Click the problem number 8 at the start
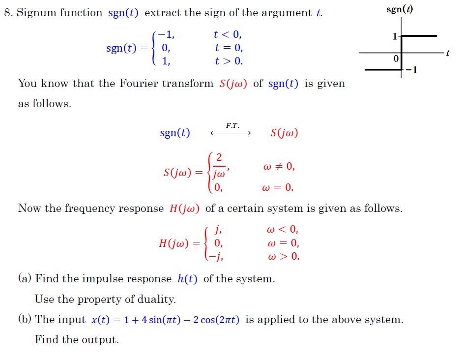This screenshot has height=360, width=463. pos(7,13)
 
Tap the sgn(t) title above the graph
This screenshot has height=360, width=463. pos(400,9)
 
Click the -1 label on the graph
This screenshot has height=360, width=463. pos(412,70)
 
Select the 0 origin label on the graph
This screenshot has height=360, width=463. pos(396,59)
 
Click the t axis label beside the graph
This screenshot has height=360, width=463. pos(448,53)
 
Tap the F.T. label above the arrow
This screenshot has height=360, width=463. pos(232,125)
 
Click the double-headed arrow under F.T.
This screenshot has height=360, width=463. pos(231,133)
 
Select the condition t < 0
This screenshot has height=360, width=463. pos(228,35)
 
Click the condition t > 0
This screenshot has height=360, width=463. pos(229,61)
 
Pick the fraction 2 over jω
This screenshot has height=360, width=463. pos(219,166)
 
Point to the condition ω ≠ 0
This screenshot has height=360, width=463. pos(279,166)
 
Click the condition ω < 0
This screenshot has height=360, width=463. pos(282,230)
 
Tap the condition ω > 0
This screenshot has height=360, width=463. pos(283,256)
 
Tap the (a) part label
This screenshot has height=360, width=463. pos(25,279)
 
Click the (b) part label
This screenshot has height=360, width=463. pos(25,320)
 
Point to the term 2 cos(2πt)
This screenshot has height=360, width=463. pos(216,320)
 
